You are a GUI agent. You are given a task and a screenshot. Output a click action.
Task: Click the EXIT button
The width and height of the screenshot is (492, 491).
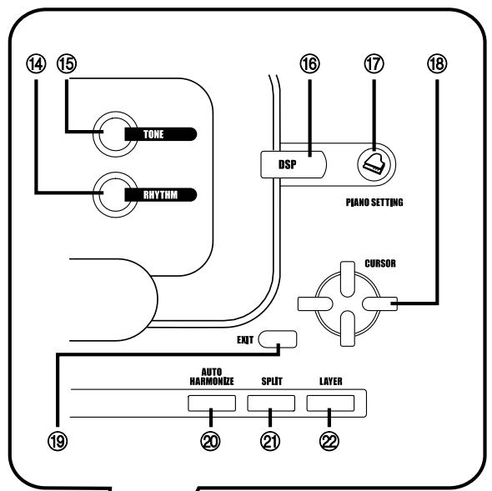[x=277, y=338]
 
